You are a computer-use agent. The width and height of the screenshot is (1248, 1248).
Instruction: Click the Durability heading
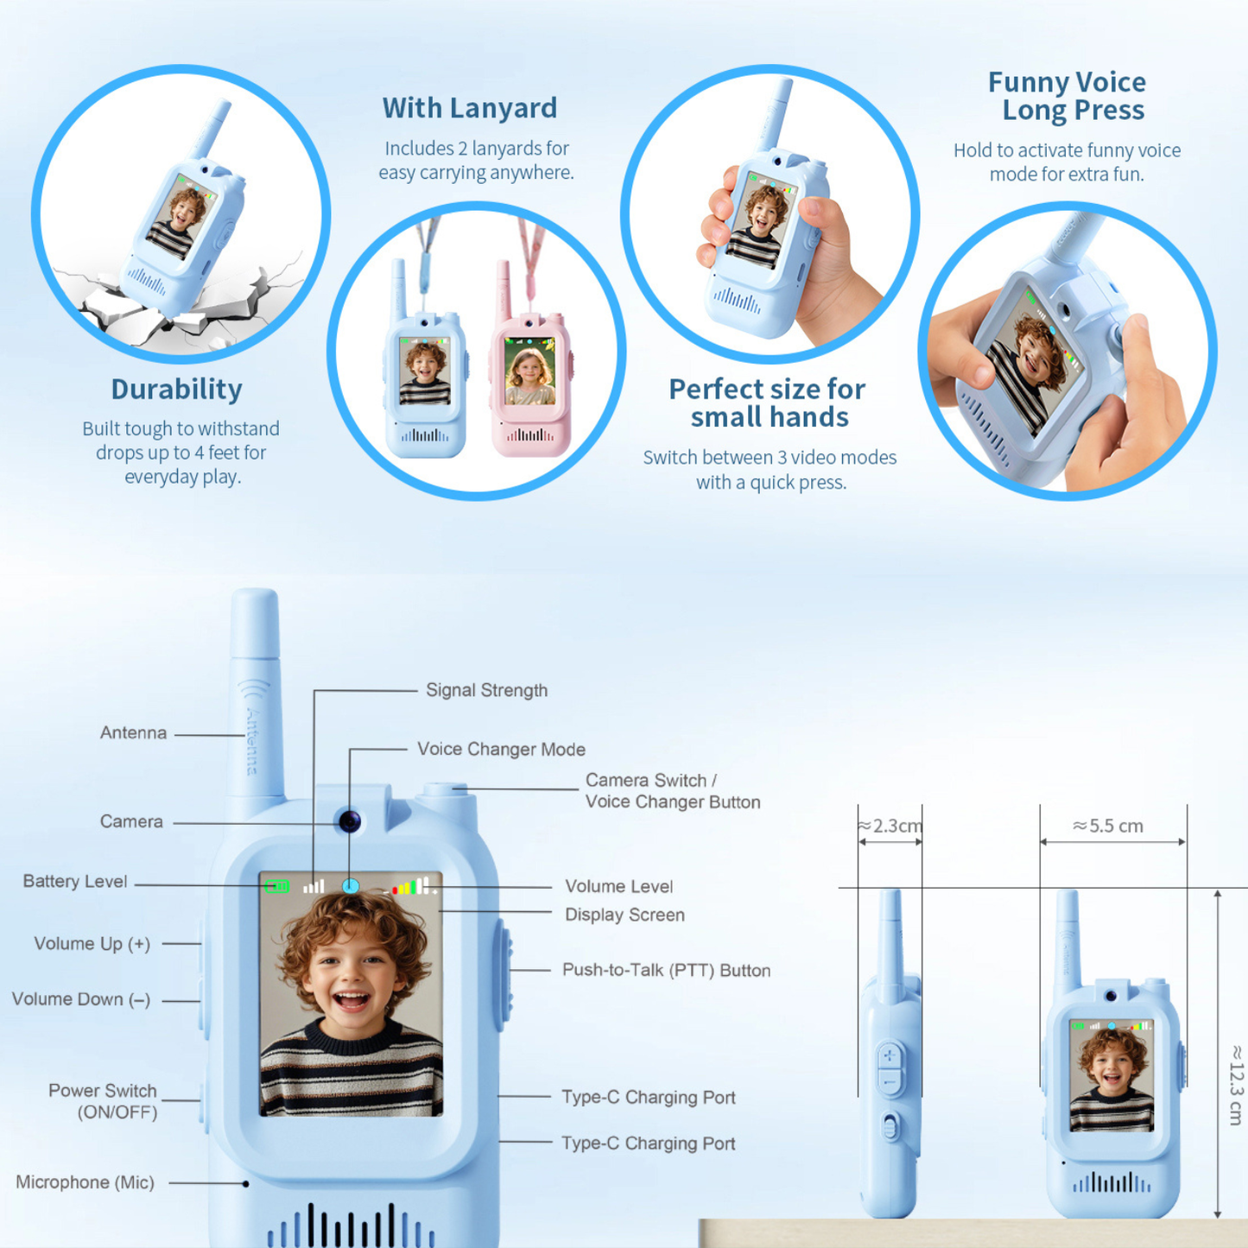176,390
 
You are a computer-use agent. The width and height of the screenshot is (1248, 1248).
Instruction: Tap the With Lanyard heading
469,108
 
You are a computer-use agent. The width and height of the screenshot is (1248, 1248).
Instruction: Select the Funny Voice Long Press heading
1067,96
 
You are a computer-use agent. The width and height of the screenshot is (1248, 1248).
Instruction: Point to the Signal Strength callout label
486,690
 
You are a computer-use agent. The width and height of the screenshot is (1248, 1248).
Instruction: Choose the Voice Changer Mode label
501,749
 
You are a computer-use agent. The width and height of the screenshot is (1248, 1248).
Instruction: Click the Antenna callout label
133,732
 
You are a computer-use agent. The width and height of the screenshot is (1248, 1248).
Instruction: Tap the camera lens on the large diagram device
349,820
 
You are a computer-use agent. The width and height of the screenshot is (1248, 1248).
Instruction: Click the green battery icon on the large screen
277,886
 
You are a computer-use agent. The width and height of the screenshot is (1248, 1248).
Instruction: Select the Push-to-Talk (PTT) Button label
666,970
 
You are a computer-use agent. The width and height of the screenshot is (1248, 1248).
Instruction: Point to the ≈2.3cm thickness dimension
890,826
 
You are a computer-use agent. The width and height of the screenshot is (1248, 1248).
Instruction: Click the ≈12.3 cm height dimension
1235,1085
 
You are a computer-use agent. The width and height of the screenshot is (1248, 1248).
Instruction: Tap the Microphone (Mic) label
85,1182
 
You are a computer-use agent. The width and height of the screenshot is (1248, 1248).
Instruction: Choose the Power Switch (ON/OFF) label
103,1101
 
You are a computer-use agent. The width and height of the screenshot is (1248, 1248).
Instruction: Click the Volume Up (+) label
92,944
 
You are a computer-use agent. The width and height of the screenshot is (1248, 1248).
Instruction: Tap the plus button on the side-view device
889,1055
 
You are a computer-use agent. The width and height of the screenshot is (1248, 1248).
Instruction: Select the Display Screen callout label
624,915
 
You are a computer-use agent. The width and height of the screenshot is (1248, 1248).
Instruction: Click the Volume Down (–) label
81,999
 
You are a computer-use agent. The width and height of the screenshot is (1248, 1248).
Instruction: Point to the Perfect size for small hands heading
767,402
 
